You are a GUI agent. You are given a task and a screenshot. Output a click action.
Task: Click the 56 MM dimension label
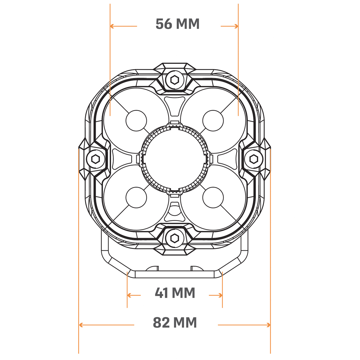pyautogui.click(x=177, y=24)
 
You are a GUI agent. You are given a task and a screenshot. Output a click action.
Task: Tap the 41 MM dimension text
pyautogui.click(x=175, y=293)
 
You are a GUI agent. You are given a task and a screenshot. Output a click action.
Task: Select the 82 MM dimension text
pyautogui.click(x=175, y=322)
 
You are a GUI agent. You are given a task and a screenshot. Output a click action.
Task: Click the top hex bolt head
pyautogui.click(x=175, y=80)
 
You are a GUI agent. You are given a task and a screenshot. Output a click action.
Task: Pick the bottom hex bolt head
pyautogui.click(x=175, y=238)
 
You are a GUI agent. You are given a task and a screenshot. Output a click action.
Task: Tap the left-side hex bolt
pyautogui.click(x=95, y=159)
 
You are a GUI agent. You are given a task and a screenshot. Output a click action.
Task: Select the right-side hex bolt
pyautogui.click(x=253, y=159)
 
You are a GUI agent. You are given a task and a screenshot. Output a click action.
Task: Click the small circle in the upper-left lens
pyautogui.click(x=136, y=121)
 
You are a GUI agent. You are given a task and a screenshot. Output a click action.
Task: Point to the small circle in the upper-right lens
pyautogui.click(x=213, y=121)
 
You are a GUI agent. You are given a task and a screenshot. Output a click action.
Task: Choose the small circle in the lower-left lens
pyautogui.click(x=136, y=197)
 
